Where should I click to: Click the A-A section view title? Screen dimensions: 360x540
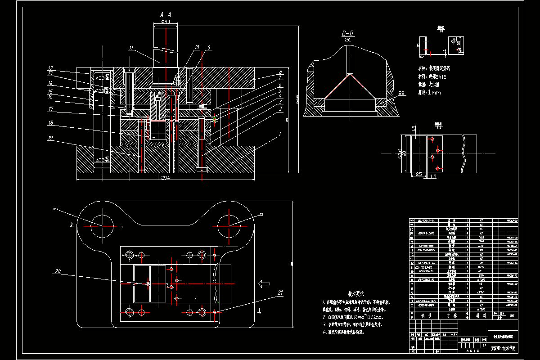tap(166, 14)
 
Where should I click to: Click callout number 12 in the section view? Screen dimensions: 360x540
tap(50, 68)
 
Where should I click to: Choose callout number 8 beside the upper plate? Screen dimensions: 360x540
tap(280, 72)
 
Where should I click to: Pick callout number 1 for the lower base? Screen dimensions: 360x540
tap(280, 134)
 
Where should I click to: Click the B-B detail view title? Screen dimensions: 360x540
tap(347, 34)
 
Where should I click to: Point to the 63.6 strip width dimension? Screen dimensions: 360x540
tap(399, 153)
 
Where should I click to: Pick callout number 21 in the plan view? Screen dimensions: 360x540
tap(280, 293)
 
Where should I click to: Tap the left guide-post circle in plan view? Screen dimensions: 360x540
tap(102, 225)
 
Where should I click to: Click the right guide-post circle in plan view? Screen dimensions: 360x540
tap(229, 225)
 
